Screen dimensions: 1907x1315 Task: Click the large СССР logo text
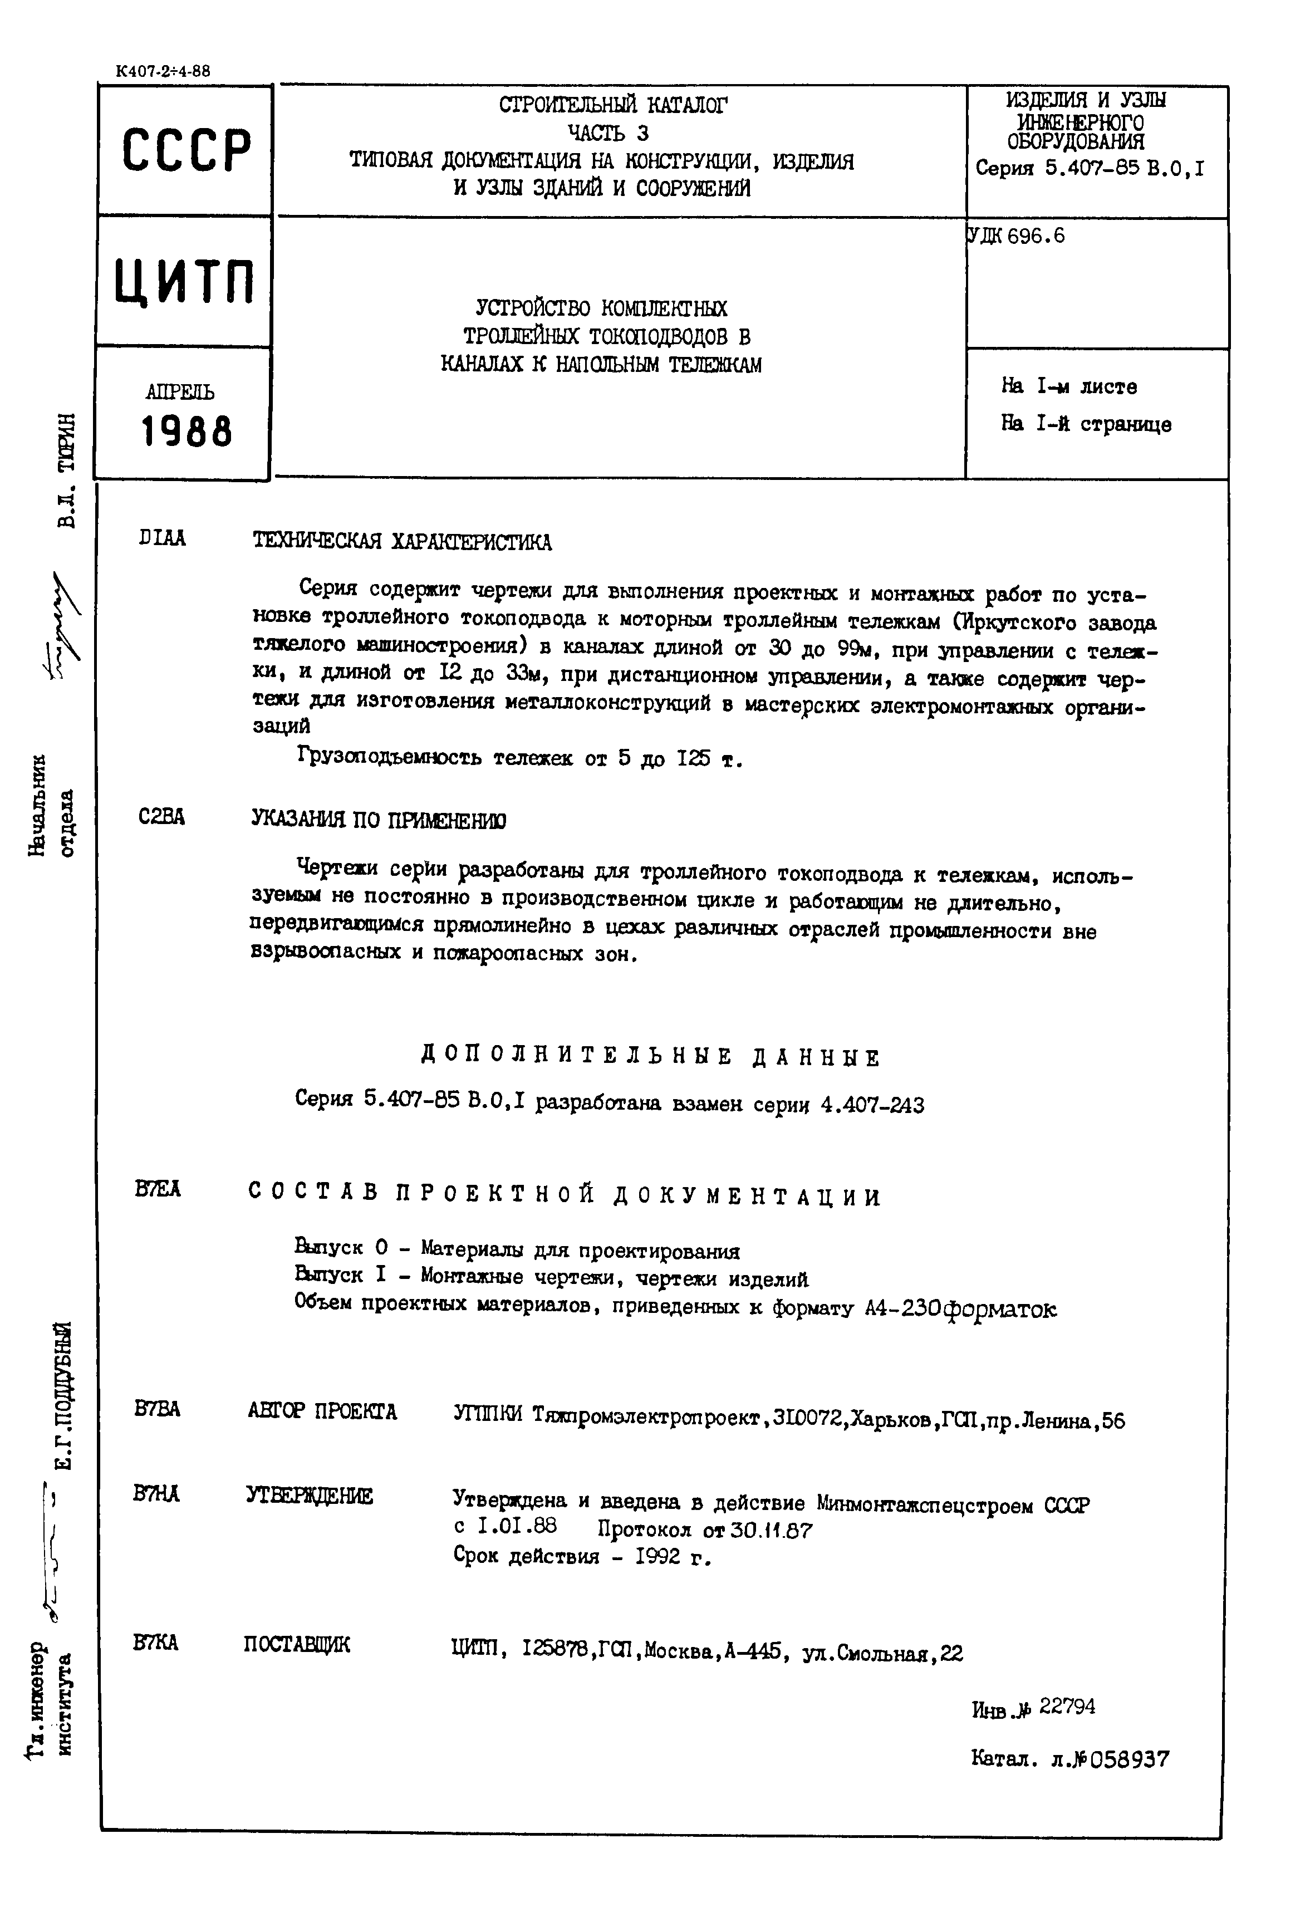click(185, 151)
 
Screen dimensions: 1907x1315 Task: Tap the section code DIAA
click(163, 538)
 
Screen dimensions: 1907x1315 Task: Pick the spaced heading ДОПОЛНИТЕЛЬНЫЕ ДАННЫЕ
click(651, 1057)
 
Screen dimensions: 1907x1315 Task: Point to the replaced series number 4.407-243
click(872, 1104)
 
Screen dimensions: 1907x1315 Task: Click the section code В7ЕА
click(158, 1189)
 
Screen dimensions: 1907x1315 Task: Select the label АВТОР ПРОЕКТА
click(322, 1411)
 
